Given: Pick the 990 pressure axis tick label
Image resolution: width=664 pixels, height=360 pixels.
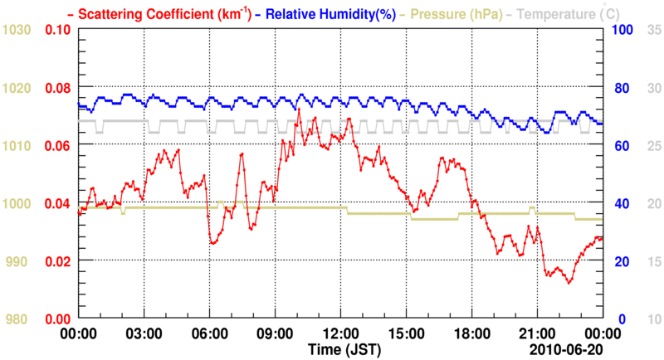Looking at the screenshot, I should point(20,261).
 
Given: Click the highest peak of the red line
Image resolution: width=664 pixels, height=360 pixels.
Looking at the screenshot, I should point(298,109).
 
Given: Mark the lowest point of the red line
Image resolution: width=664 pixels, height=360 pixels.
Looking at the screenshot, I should point(569,283).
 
